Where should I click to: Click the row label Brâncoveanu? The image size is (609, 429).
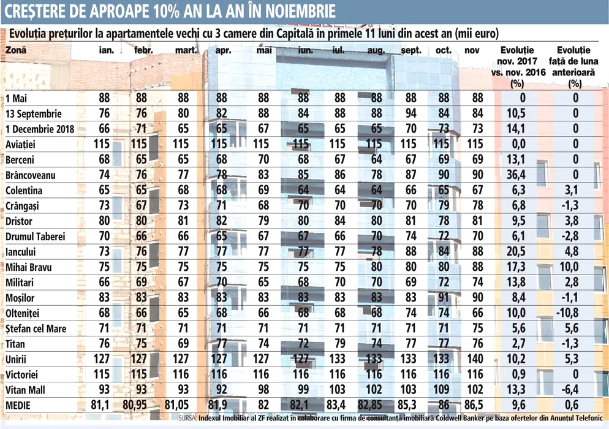pos(31,175)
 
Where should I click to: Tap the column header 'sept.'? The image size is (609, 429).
pos(411,51)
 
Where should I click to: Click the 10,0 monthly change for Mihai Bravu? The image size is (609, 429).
pos(574,268)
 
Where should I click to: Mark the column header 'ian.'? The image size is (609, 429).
pos(106,51)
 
